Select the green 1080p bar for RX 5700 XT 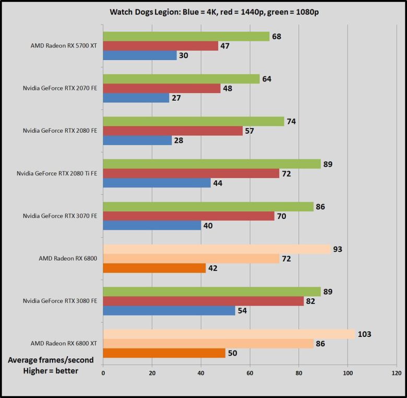[x=186, y=37]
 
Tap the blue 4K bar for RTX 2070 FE [x=136, y=98]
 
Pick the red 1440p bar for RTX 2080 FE [x=173, y=131]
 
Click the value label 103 [x=365, y=334]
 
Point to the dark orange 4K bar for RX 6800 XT [x=164, y=354]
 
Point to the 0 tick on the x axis [x=103, y=373]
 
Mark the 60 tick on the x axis [x=250, y=373]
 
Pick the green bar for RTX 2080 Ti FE [x=212, y=164]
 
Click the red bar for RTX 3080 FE [x=203, y=301]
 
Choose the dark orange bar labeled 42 [x=154, y=268]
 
